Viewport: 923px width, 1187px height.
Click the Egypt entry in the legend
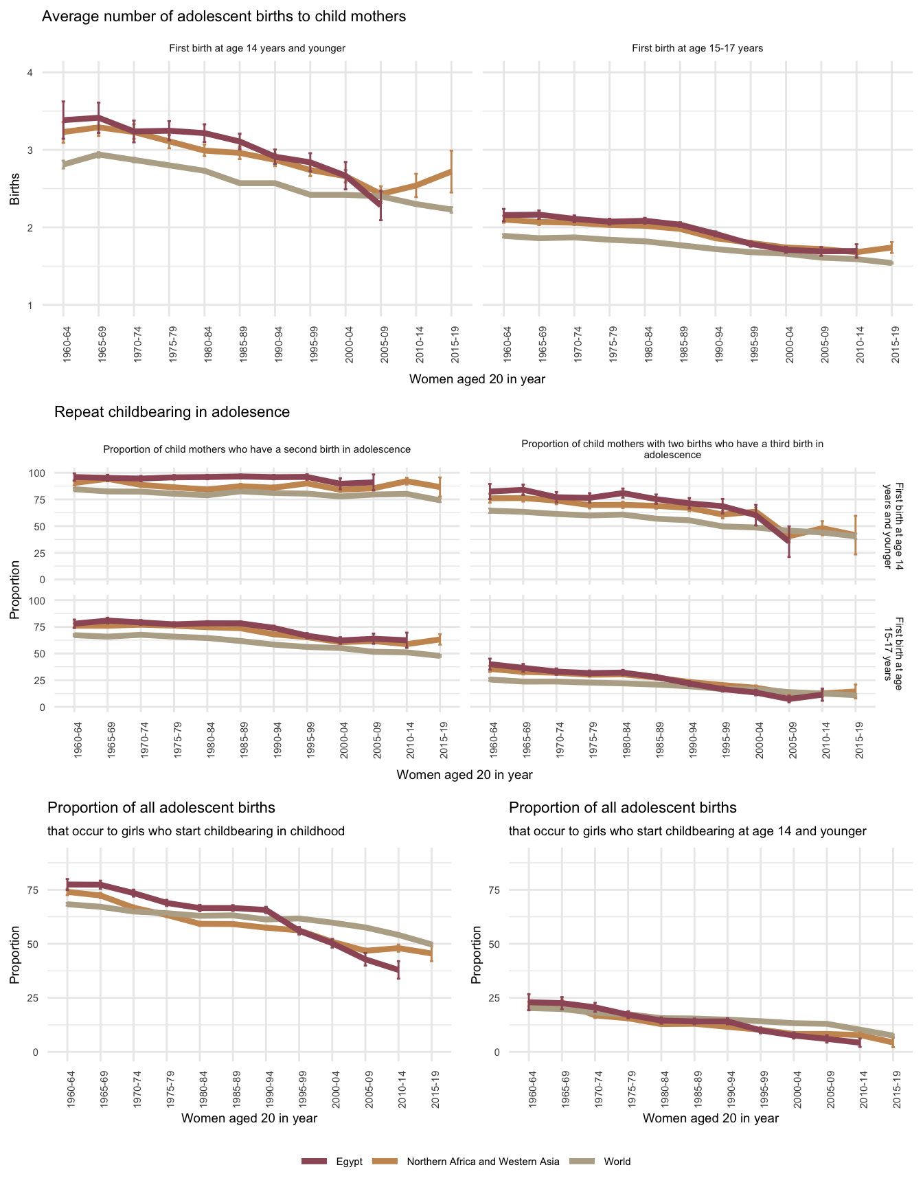pyautogui.click(x=349, y=1162)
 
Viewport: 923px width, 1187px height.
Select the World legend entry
pyautogui.click(x=617, y=1162)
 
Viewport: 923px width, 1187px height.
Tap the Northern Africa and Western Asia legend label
pyautogui.click(x=483, y=1162)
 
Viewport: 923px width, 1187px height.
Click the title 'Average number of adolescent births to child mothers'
pyautogui.click(x=224, y=16)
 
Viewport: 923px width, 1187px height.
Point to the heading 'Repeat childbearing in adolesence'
pyautogui.click(x=172, y=412)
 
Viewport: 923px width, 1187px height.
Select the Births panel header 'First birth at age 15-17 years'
pyautogui.click(x=697, y=49)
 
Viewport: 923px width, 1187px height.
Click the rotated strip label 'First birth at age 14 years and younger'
pyautogui.click(x=895, y=526)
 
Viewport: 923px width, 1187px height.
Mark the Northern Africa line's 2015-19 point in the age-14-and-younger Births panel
pyautogui.click(x=451, y=171)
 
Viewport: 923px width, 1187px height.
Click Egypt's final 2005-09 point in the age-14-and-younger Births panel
pyautogui.click(x=380, y=204)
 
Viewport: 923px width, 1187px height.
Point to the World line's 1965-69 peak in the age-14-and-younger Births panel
pyautogui.click(x=98, y=155)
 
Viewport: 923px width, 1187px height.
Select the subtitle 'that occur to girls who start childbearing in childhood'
pyautogui.click(x=196, y=831)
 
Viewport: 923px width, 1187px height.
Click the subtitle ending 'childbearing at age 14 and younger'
pyautogui.click(x=687, y=831)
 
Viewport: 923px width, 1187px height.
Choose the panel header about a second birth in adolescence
pyautogui.click(x=256, y=449)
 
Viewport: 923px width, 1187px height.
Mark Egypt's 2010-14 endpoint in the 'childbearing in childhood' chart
pyautogui.click(x=398, y=970)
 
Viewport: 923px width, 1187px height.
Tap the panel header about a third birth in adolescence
pyautogui.click(x=672, y=449)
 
